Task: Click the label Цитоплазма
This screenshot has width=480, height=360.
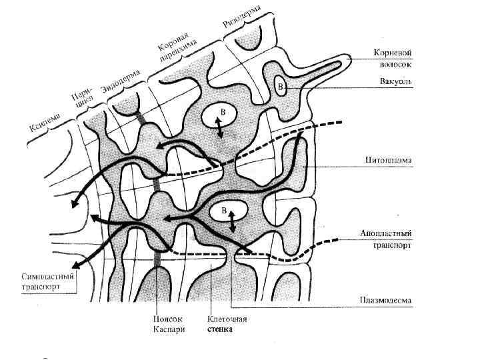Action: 388,161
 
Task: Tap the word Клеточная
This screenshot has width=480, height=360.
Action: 228,319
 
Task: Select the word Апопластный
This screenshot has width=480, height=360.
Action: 385,233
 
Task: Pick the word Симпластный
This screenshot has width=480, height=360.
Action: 46,276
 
